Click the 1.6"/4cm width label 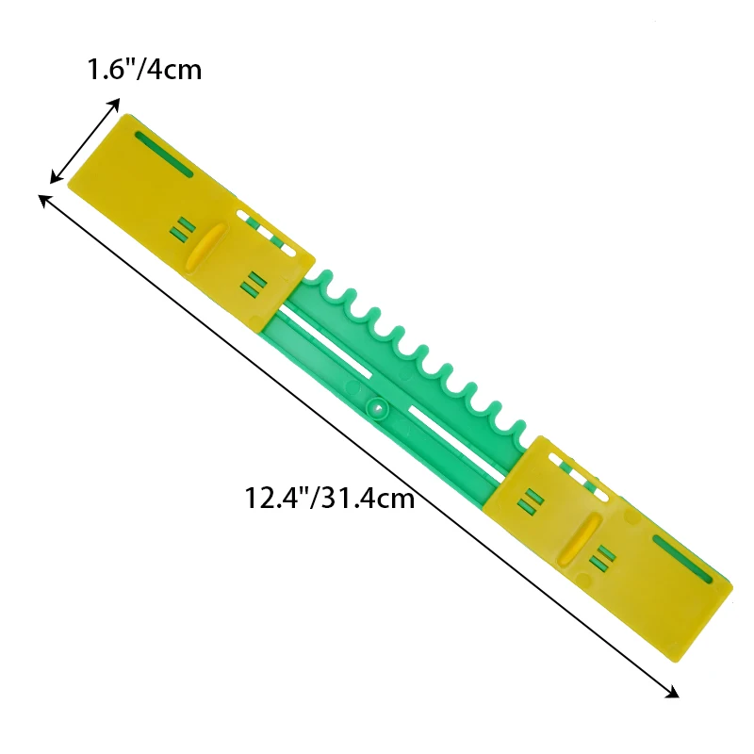pos(144,70)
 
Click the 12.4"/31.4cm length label pos(330,498)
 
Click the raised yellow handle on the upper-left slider pos(206,248)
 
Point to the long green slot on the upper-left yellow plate pos(164,154)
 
